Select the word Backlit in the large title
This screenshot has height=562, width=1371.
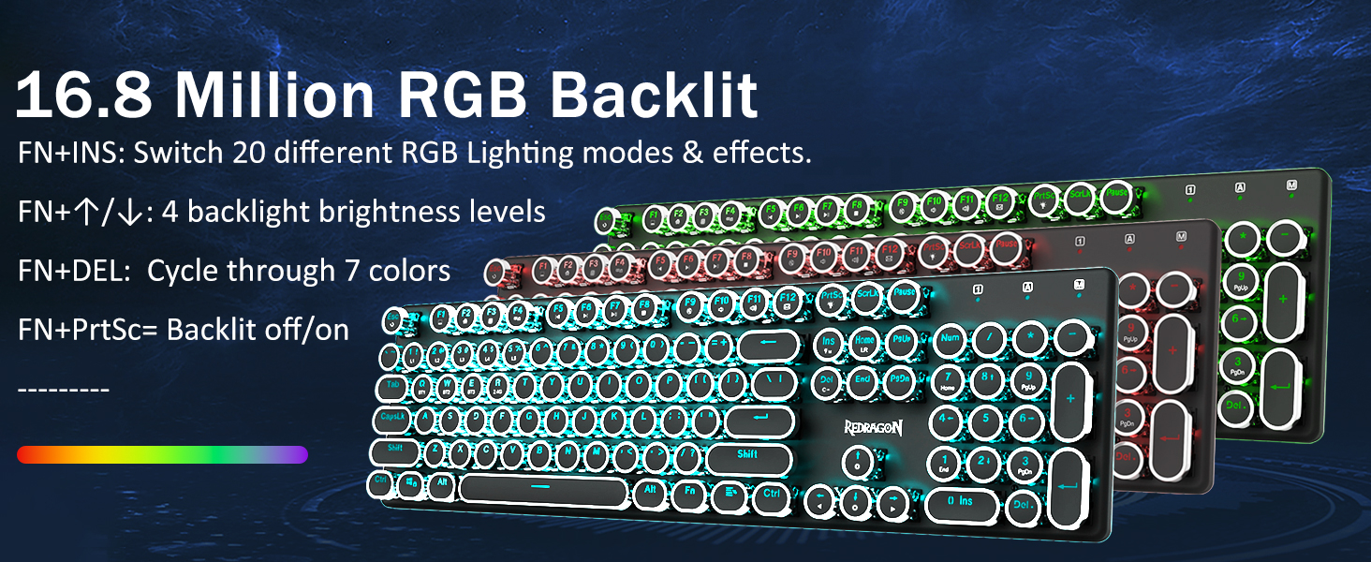pos(653,96)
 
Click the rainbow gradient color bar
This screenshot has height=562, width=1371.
pos(162,454)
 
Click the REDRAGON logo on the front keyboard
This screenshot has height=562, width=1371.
pos(873,428)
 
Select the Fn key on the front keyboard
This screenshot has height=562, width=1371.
pos(690,490)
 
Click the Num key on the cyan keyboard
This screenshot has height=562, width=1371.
pos(950,337)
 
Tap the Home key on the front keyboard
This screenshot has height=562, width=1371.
pos(864,341)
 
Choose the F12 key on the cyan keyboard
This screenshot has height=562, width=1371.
pos(788,302)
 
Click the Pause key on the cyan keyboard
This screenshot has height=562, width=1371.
pos(904,293)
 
